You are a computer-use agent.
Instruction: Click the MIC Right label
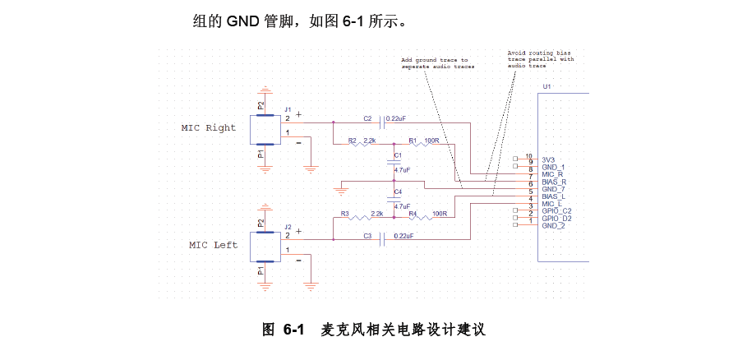click(x=208, y=128)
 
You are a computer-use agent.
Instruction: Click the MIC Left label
click(x=213, y=245)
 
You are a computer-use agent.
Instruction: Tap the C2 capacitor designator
click(x=367, y=118)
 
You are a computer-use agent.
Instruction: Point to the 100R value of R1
click(x=431, y=141)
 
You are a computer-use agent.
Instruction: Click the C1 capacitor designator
click(x=398, y=155)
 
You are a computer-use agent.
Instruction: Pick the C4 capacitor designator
click(x=398, y=192)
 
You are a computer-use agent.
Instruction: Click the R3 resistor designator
click(x=345, y=214)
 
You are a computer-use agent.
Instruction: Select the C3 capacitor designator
click(x=368, y=236)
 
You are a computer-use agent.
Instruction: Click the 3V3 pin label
click(x=549, y=159)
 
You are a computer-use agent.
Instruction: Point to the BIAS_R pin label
click(x=554, y=182)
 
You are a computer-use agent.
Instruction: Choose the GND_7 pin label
click(x=554, y=189)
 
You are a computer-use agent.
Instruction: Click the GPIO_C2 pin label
click(x=556, y=211)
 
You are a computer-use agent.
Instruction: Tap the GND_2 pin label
click(x=553, y=225)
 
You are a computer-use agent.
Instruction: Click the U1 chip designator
click(x=546, y=86)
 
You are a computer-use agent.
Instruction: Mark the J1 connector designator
click(x=288, y=108)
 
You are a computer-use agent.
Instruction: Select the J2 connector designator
click(x=288, y=226)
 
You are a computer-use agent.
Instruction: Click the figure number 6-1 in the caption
click(x=293, y=330)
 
